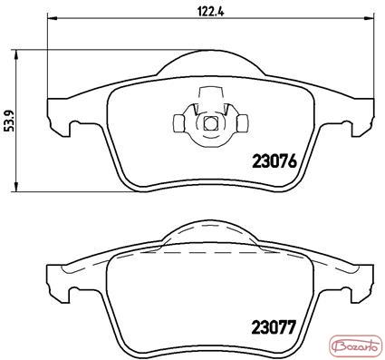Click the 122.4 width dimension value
tap(210, 11)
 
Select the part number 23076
tap(274, 161)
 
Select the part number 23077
tap(274, 327)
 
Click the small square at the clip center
tap(210, 123)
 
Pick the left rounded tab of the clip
tap(179, 123)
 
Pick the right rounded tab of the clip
tap(242, 123)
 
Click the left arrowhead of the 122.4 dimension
tap(53, 19)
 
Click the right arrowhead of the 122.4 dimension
tap(370, 19)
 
